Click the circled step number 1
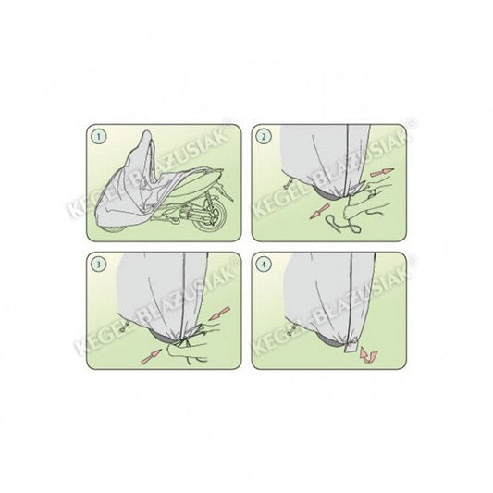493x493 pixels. tap(99, 137)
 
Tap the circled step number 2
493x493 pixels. tap(264, 137)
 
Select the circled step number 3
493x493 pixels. tap(99, 265)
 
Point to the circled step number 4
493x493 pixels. tap(264, 265)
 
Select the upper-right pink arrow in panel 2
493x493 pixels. tap(382, 172)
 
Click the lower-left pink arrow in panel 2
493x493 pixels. tap(320, 211)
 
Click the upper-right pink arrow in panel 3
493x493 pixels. tap(219, 314)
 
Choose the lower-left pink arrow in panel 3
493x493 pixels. tap(151, 357)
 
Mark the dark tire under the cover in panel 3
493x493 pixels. tap(165, 337)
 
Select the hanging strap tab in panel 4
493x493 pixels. tap(351, 345)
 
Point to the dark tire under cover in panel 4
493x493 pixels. tap(330, 339)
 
